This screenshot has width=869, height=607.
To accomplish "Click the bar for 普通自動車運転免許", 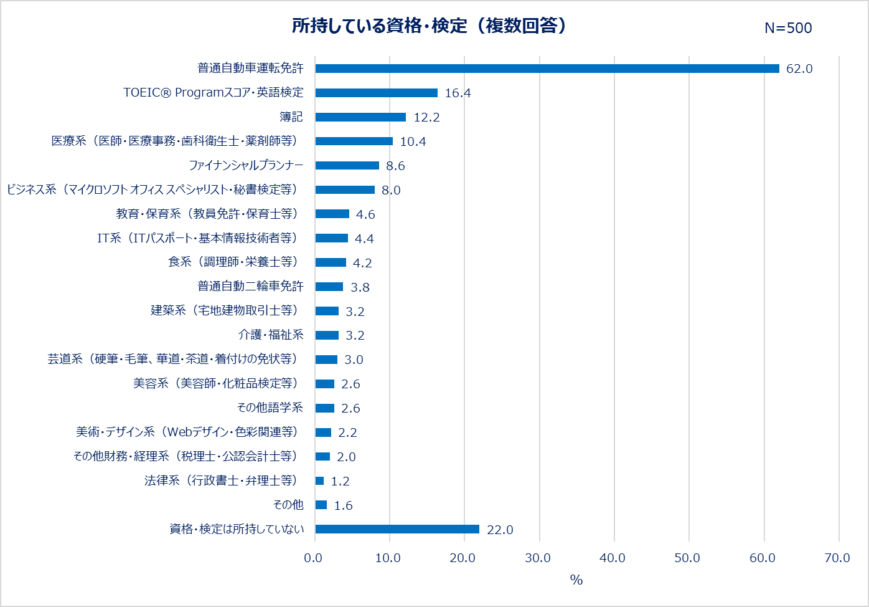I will pyautogui.click(x=547, y=69).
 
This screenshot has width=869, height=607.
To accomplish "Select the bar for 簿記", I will pyautogui.click(x=360, y=117).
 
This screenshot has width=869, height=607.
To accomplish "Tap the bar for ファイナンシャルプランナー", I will pyautogui.click(x=347, y=166).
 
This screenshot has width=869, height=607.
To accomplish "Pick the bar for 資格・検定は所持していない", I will pyautogui.click(x=397, y=529).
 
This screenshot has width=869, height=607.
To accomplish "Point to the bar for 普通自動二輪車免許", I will pyautogui.click(x=329, y=287).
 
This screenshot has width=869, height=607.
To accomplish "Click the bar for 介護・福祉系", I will pyautogui.click(x=327, y=335).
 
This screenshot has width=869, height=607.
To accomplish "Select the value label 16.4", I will pyautogui.click(x=458, y=93).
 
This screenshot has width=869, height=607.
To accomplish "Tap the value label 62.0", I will pyautogui.click(x=799, y=69).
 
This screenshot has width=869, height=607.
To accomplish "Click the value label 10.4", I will pyautogui.click(x=413, y=142).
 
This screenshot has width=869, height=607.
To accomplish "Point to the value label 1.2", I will pyautogui.click(x=340, y=481).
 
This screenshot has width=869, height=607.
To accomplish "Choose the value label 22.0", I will pyautogui.click(x=500, y=530).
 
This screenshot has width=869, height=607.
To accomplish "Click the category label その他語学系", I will pyautogui.click(x=270, y=408).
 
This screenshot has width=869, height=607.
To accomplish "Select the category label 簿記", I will pyautogui.click(x=291, y=117).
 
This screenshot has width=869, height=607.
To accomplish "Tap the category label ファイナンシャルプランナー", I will pyautogui.click(x=246, y=166).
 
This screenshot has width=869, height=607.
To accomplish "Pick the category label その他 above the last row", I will pyautogui.click(x=288, y=505).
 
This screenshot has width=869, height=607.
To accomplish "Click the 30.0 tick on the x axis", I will pyautogui.click(x=538, y=558).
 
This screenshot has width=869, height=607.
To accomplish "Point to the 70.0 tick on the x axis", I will pyautogui.click(x=837, y=558).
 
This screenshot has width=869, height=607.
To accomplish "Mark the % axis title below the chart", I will pyautogui.click(x=576, y=580).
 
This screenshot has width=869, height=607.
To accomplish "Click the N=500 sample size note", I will pyautogui.click(x=788, y=28).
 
